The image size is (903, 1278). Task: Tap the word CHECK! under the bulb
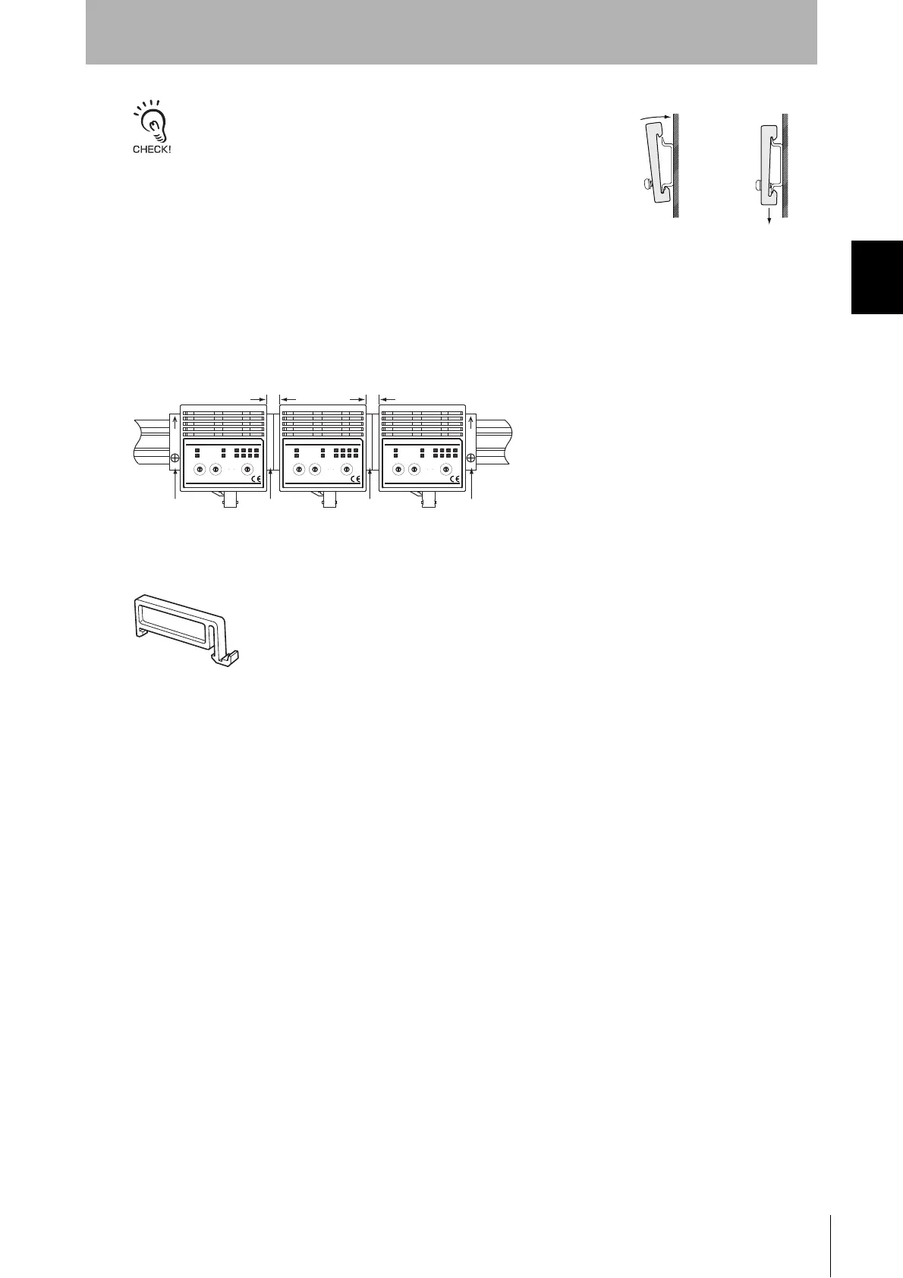[152, 150]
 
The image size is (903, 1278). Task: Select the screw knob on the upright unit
[759, 184]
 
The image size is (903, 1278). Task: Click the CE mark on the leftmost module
[255, 479]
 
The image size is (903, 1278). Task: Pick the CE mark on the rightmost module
[455, 479]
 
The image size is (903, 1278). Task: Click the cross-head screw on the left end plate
[175, 458]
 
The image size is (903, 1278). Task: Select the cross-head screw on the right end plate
[471, 458]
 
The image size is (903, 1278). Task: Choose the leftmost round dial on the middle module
[299, 470]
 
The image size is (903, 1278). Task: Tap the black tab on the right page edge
[877, 276]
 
